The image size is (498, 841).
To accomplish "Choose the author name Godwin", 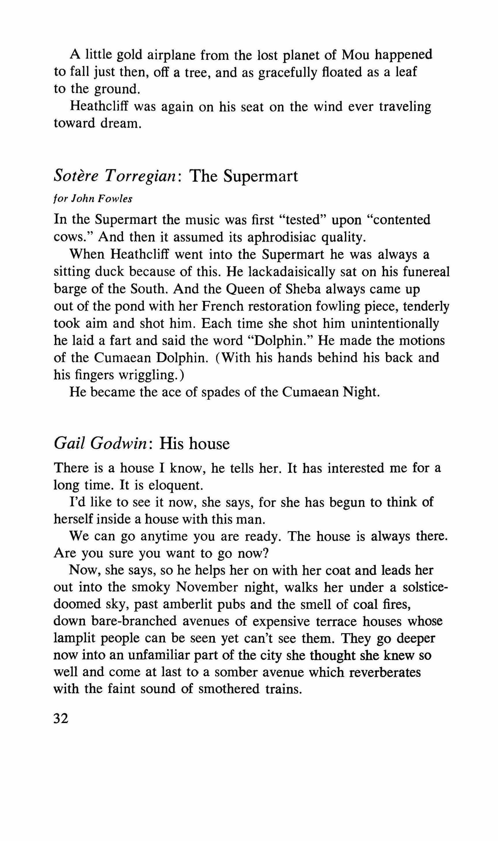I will click(x=121, y=444).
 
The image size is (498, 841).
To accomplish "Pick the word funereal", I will click(x=426, y=272).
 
